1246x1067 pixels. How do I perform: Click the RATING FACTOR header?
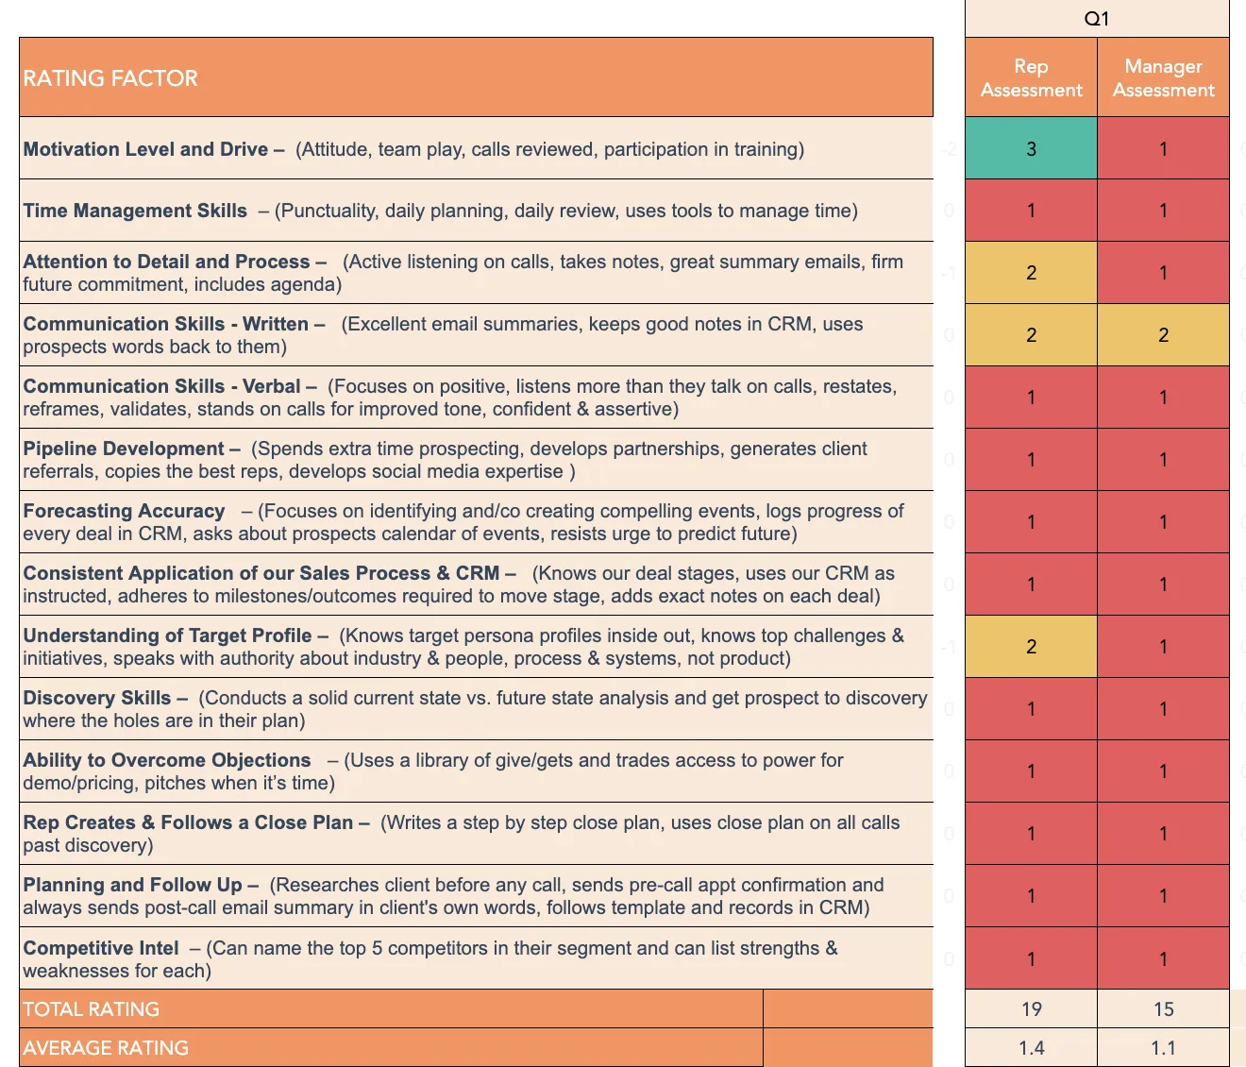(110, 78)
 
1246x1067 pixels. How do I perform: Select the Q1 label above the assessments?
(1097, 19)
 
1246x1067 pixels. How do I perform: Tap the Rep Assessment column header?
(1031, 78)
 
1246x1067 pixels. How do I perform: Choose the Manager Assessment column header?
(1163, 78)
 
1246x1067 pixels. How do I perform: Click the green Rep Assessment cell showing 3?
(1031, 149)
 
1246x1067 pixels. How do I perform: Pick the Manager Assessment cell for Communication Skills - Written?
(1163, 335)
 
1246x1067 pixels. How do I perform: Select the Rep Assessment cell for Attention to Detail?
(1031, 273)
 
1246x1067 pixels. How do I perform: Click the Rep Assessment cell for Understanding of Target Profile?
(1031, 647)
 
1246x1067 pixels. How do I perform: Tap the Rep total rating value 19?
(1031, 1009)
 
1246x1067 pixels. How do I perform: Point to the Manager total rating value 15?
(1163, 1009)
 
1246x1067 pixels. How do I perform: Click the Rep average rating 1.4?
(1031, 1048)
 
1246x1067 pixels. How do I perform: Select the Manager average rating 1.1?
(1163, 1048)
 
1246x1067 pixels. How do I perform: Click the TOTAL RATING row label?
(92, 1009)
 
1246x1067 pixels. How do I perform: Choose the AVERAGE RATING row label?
(106, 1048)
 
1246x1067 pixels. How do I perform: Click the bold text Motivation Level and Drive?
(145, 149)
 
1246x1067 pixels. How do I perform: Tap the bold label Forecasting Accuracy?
(124, 511)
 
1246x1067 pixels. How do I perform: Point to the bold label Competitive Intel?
(101, 948)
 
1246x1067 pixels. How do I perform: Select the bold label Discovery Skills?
(97, 698)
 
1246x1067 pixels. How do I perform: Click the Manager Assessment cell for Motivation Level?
(1163, 149)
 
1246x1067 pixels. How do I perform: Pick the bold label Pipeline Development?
(124, 449)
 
